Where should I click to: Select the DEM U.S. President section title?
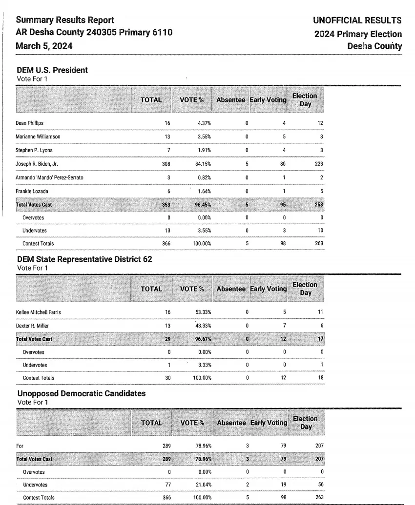click(x=52, y=70)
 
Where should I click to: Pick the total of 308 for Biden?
click(x=166, y=164)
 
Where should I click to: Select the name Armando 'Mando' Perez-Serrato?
click(x=49, y=177)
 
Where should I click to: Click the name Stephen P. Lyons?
click(x=34, y=150)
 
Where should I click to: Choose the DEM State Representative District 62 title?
click(x=84, y=259)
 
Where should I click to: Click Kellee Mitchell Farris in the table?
click(x=39, y=311)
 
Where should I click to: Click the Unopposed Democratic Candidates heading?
click(x=81, y=393)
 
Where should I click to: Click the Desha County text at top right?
click(x=373, y=46)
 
